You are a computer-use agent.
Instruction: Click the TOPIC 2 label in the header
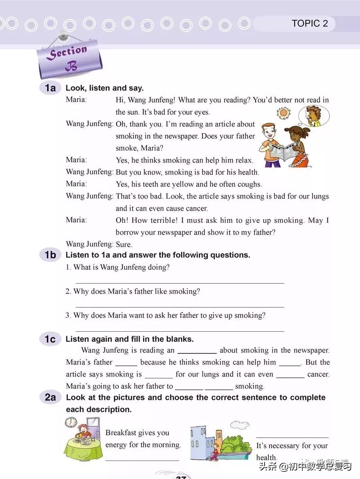[x=310, y=23]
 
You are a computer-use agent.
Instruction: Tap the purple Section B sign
[x=69, y=59]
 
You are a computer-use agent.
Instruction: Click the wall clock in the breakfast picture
[x=71, y=423]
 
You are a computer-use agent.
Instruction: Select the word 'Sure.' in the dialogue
[x=124, y=244]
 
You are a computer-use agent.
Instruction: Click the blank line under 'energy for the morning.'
[x=142, y=459]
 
